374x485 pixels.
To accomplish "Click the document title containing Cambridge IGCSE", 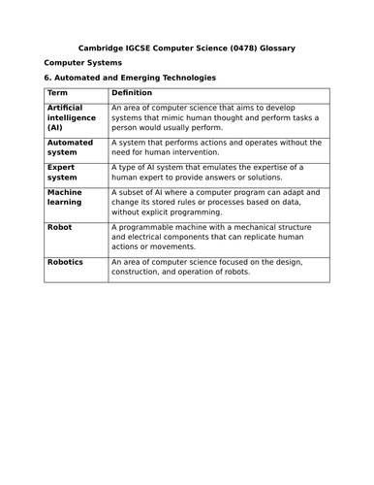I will pos(187,47).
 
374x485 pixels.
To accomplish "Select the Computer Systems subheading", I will pos(80,62).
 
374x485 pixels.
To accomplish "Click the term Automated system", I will pos(70,146).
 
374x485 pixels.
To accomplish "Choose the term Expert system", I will pos(63,173).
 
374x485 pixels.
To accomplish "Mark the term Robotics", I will pos(65,261).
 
